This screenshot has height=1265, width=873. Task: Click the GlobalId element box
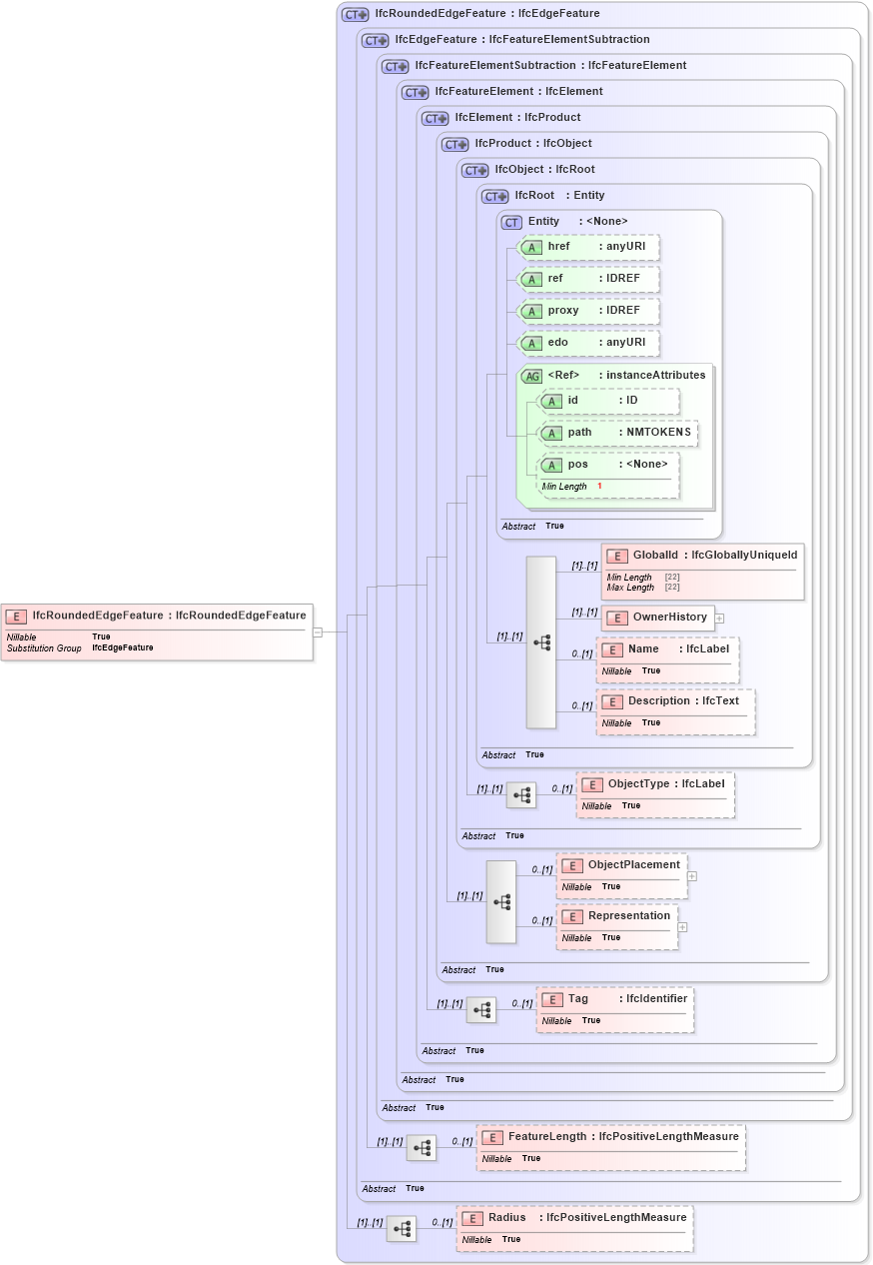coord(702,556)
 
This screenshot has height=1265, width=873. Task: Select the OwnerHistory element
coord(657,618)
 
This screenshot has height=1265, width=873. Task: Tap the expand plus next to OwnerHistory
coord(719,619)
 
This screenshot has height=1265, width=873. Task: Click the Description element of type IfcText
coord(675,701)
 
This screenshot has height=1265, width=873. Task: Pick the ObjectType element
coord(655,784)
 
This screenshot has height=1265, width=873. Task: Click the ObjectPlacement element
coord(621,865)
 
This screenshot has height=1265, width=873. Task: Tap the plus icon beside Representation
coord(683,927)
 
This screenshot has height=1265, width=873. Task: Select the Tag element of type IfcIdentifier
coord(614,999)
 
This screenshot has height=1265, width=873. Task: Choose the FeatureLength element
coord(610,1137)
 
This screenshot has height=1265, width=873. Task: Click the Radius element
coord(574,1218)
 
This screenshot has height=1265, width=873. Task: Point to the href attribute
coord(588,247)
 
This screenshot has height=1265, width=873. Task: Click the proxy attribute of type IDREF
coord(588,311)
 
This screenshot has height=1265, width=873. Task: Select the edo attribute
coord(588,343)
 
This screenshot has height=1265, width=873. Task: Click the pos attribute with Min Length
coord(608,465)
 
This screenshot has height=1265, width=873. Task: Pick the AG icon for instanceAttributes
coord(532,377)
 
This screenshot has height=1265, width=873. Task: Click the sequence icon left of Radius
coord(402,1229)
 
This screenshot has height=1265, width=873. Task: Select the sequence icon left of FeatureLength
coord(422,1148)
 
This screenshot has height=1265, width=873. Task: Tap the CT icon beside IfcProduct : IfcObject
coord(455,144)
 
